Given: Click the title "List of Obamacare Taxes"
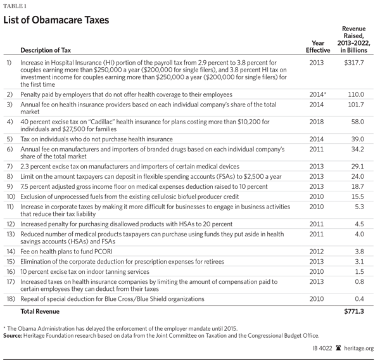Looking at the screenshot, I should (56, 20).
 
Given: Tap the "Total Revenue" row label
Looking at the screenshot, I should (40, 311).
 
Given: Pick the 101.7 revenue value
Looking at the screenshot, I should (357, 103).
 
